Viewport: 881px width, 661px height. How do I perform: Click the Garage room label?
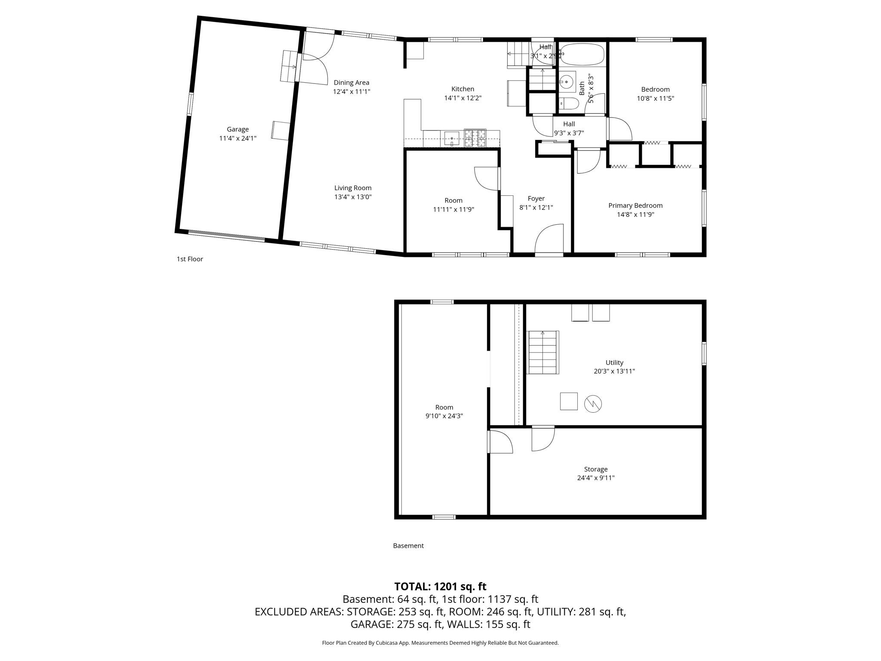[237, 129]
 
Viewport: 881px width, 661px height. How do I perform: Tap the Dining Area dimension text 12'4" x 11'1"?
[351, 92]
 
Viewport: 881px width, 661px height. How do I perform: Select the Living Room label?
[353, 188]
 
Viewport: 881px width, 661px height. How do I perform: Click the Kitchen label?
[462, 89]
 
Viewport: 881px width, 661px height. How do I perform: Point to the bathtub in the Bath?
[582, 54]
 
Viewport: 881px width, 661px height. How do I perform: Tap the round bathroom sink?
[567, 81]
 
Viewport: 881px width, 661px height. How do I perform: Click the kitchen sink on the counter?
[452, 139]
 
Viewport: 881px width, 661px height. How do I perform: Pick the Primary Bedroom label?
[635, 206]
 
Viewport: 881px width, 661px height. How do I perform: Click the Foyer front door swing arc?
[549, 238]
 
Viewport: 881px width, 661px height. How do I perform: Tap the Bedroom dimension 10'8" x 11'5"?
[655, 98]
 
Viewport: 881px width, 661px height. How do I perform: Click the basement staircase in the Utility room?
[543, 352]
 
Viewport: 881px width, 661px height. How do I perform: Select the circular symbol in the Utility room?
[592, 404]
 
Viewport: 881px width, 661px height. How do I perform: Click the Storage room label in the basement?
[595, 469]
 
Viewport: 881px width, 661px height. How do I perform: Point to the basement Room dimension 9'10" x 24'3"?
[444, 416]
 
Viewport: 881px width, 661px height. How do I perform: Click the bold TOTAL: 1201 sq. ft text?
[440, 587]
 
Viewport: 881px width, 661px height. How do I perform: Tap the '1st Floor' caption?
[190, 259]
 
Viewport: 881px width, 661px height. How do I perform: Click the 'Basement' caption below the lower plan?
[408, 546]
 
